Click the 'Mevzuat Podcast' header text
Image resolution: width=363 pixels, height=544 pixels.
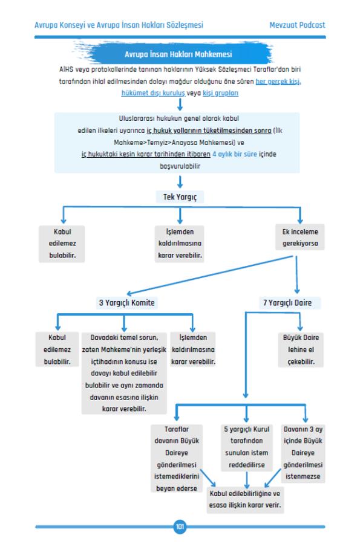tap(297, 25)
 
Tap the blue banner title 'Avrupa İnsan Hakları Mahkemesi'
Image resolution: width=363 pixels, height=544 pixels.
tap(178, 54)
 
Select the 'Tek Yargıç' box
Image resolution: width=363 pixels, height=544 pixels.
tap(180, 197)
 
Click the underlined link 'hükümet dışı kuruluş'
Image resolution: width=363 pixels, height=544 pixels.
tap(153, 93)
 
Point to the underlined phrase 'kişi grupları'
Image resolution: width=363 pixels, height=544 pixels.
tap(221, 93)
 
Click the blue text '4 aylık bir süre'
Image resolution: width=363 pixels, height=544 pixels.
tap(235, 154)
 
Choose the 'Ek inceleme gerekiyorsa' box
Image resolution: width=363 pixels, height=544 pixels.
tap(300, 238)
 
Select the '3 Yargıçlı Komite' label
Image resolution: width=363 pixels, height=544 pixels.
tap(127, 303)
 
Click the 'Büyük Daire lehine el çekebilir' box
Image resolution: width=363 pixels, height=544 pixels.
tap(301, 350)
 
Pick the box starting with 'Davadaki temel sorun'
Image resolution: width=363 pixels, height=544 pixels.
tap(124, 373)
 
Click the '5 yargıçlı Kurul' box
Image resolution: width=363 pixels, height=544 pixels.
tap(247, 447)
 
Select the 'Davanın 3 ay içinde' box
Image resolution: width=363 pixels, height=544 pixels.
tap(303, 453)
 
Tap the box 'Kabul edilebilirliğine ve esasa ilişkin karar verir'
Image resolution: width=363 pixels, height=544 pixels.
tap(245, 499)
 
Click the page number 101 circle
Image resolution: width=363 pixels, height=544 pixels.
tap(180, 526)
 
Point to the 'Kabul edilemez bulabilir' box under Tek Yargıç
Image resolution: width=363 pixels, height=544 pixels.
tap(62, 244)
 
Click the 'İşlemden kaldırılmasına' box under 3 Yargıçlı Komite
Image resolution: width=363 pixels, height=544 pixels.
tap(193, 350)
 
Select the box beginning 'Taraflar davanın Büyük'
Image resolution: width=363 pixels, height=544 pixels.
tap(177, 459)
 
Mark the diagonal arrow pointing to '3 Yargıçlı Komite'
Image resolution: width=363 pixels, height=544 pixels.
tap(210, 276)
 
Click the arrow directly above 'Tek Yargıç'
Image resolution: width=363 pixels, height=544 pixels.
tap(180, 182)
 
